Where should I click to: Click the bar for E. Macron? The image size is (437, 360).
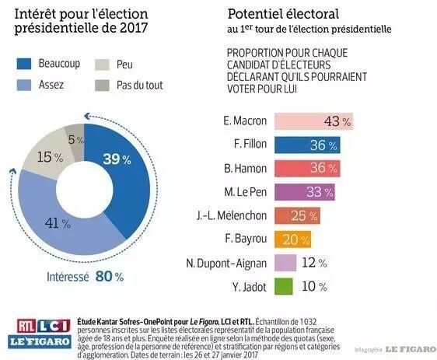313,121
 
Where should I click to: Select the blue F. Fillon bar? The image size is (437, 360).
307,145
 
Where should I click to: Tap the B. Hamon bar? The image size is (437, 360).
307,169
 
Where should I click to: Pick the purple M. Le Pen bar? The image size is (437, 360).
305,192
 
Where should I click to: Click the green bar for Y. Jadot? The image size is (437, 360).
284,286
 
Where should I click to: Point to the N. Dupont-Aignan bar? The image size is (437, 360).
285,263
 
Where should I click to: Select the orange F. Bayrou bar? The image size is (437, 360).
292,239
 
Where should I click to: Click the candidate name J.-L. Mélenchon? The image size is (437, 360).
232,215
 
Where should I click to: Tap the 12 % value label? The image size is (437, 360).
314,263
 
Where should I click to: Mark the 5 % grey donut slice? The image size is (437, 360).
75,139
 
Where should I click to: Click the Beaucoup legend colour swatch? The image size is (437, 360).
24,64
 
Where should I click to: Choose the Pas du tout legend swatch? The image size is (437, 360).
102,86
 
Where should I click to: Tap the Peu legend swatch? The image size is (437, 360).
102,65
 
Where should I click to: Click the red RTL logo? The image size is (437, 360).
26,326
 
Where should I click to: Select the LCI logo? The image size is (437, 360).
54,326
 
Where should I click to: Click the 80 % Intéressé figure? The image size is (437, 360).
109,276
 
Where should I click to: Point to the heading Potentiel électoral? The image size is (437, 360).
283,14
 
